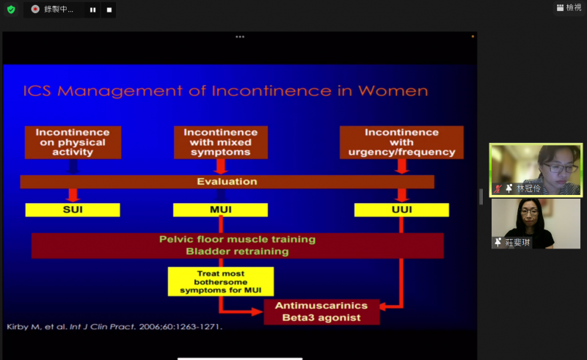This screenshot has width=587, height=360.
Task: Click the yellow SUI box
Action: tap(73, 210)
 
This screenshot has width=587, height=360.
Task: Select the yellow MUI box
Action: tap(221, 210)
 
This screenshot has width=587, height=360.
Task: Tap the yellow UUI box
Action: tap(401, 210)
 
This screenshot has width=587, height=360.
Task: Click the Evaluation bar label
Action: tap(227, 182)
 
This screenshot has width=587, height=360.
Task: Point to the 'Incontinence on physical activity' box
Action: tap(73, 142)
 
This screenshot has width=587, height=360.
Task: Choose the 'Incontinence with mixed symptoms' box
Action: tap(221, 142)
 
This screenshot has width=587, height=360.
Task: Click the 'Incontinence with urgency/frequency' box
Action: tap(401, 142)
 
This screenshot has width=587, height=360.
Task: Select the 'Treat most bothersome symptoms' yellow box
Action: tap(221, 282)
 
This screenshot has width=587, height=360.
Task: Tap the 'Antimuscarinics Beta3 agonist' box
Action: tap(322, 312)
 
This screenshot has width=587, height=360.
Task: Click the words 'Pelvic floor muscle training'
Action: tap(237, 240)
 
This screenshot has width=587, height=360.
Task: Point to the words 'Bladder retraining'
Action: tap(237, 251)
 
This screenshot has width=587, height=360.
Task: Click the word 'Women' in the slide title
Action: tap(393, 91)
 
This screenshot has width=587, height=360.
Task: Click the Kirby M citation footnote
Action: tap(114, 327)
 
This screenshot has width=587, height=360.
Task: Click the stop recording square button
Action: tap(109, 10)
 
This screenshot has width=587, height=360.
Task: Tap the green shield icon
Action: tap(11, 10)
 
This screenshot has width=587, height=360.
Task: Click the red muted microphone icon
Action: tap(497, 188)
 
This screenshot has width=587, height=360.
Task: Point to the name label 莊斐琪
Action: tap(518, 243)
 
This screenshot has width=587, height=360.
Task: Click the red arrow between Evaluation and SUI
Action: tap(73, 195)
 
